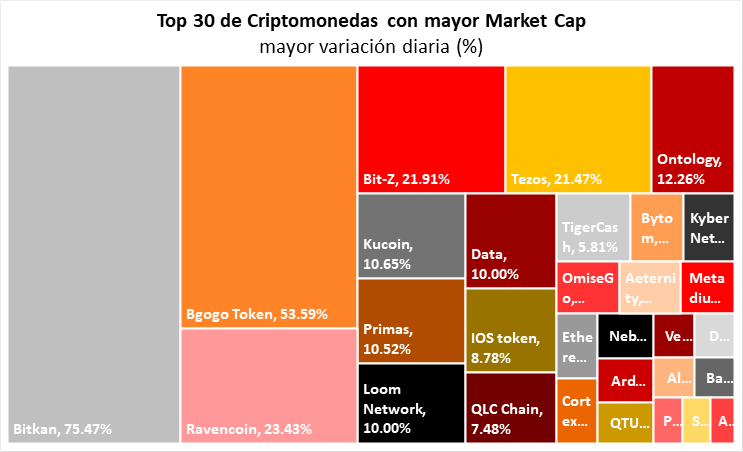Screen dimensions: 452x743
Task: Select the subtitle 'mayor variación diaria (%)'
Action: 371,46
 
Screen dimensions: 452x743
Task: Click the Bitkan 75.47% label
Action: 62,430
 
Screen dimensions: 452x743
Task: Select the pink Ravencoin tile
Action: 267,386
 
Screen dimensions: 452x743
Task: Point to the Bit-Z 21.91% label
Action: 406,179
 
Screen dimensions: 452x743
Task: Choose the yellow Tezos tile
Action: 577,128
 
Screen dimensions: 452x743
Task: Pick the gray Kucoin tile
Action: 409,235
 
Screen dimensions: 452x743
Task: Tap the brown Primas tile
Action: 409,321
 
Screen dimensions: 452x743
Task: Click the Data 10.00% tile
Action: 510,240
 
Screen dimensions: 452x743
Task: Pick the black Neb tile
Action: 625,335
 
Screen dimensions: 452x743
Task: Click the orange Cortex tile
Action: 575,410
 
